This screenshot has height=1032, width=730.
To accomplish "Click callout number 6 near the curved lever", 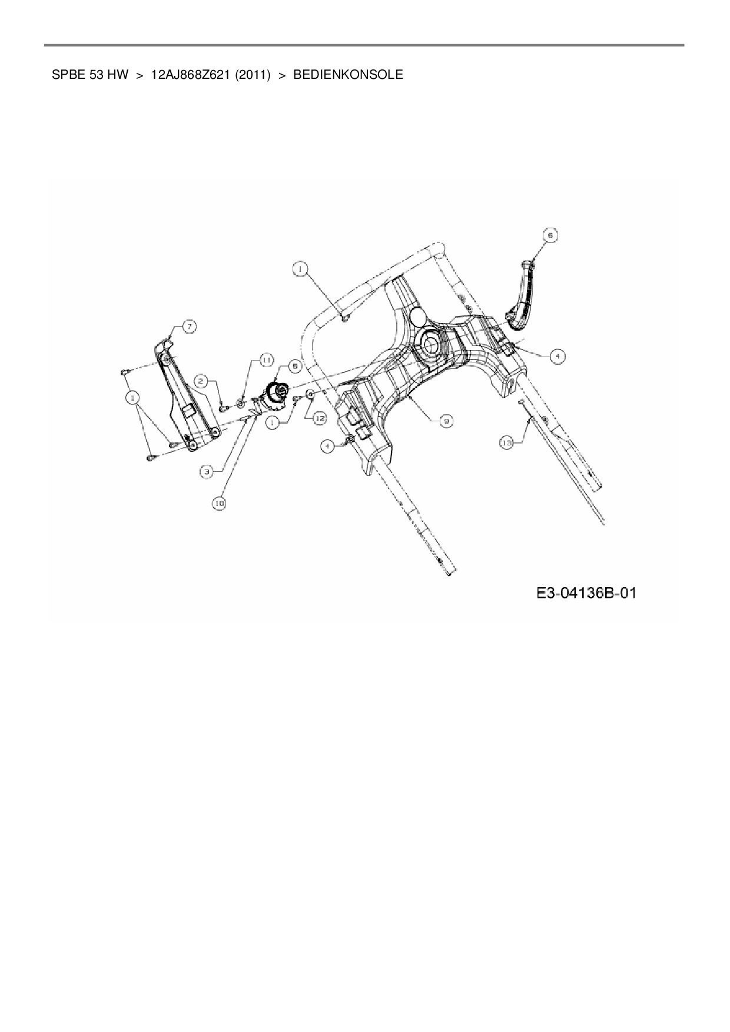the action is point(550,235).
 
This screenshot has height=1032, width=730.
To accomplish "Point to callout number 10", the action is point(220,504).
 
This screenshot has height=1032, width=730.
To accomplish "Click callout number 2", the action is point(201,382).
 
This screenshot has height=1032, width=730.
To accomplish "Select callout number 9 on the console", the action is point(447,421).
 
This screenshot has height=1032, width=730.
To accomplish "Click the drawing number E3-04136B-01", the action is point(586,592).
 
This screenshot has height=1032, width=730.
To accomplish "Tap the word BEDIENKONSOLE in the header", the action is point(348,75).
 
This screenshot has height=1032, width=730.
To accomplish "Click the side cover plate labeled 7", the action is point(185,400).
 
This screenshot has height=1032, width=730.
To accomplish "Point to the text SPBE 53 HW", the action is point(90,75).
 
